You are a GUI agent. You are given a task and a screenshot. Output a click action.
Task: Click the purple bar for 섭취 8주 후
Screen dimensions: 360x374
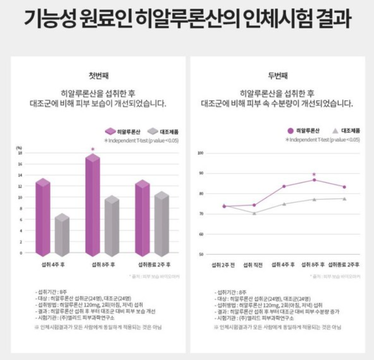(x=93, y=207)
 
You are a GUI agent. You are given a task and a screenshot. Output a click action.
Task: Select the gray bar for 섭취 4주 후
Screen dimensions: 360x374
(x=62, y=235)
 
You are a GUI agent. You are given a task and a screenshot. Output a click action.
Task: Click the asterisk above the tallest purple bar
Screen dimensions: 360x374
(x=93, y=149)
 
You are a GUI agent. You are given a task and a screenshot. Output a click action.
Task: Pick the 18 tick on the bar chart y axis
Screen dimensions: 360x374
(x=20, y=153)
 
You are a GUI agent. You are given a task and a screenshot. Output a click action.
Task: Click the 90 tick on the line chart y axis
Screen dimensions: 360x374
(x=201, y=173)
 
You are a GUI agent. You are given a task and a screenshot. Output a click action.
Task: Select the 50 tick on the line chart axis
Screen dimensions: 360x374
(x=201, y=254)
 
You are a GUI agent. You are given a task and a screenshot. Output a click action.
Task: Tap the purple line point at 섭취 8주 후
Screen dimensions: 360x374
(x=314, y=180)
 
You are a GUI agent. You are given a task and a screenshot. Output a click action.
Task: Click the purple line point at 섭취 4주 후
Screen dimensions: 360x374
(x=284, y=186)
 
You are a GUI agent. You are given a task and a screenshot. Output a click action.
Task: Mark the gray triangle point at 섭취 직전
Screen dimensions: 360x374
(x=254, y=213)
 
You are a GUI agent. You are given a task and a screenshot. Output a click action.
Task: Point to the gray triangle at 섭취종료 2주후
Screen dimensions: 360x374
(x=344, y=198)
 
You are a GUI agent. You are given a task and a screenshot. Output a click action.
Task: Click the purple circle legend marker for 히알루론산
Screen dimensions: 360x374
(x=290, y=130)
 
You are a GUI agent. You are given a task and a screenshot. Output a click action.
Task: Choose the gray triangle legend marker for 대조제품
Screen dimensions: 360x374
(x=335, y=130)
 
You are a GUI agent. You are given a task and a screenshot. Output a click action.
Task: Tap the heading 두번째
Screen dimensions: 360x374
(x=277, y=76)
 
